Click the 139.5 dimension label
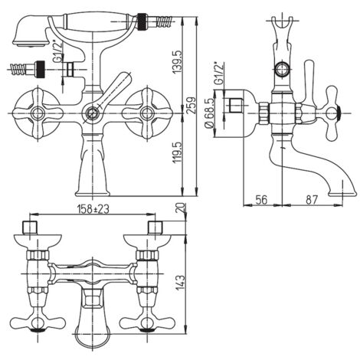[x=178, y=62]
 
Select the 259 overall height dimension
[x=192, y=106]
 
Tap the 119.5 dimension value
[x=178, y=152]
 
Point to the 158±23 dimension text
[x=93, y=209]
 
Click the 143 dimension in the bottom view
[x=180, y=283]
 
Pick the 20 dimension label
[x=182, y=208]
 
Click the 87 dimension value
[x=312, y=200]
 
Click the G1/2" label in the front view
[x=57, y=51]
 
